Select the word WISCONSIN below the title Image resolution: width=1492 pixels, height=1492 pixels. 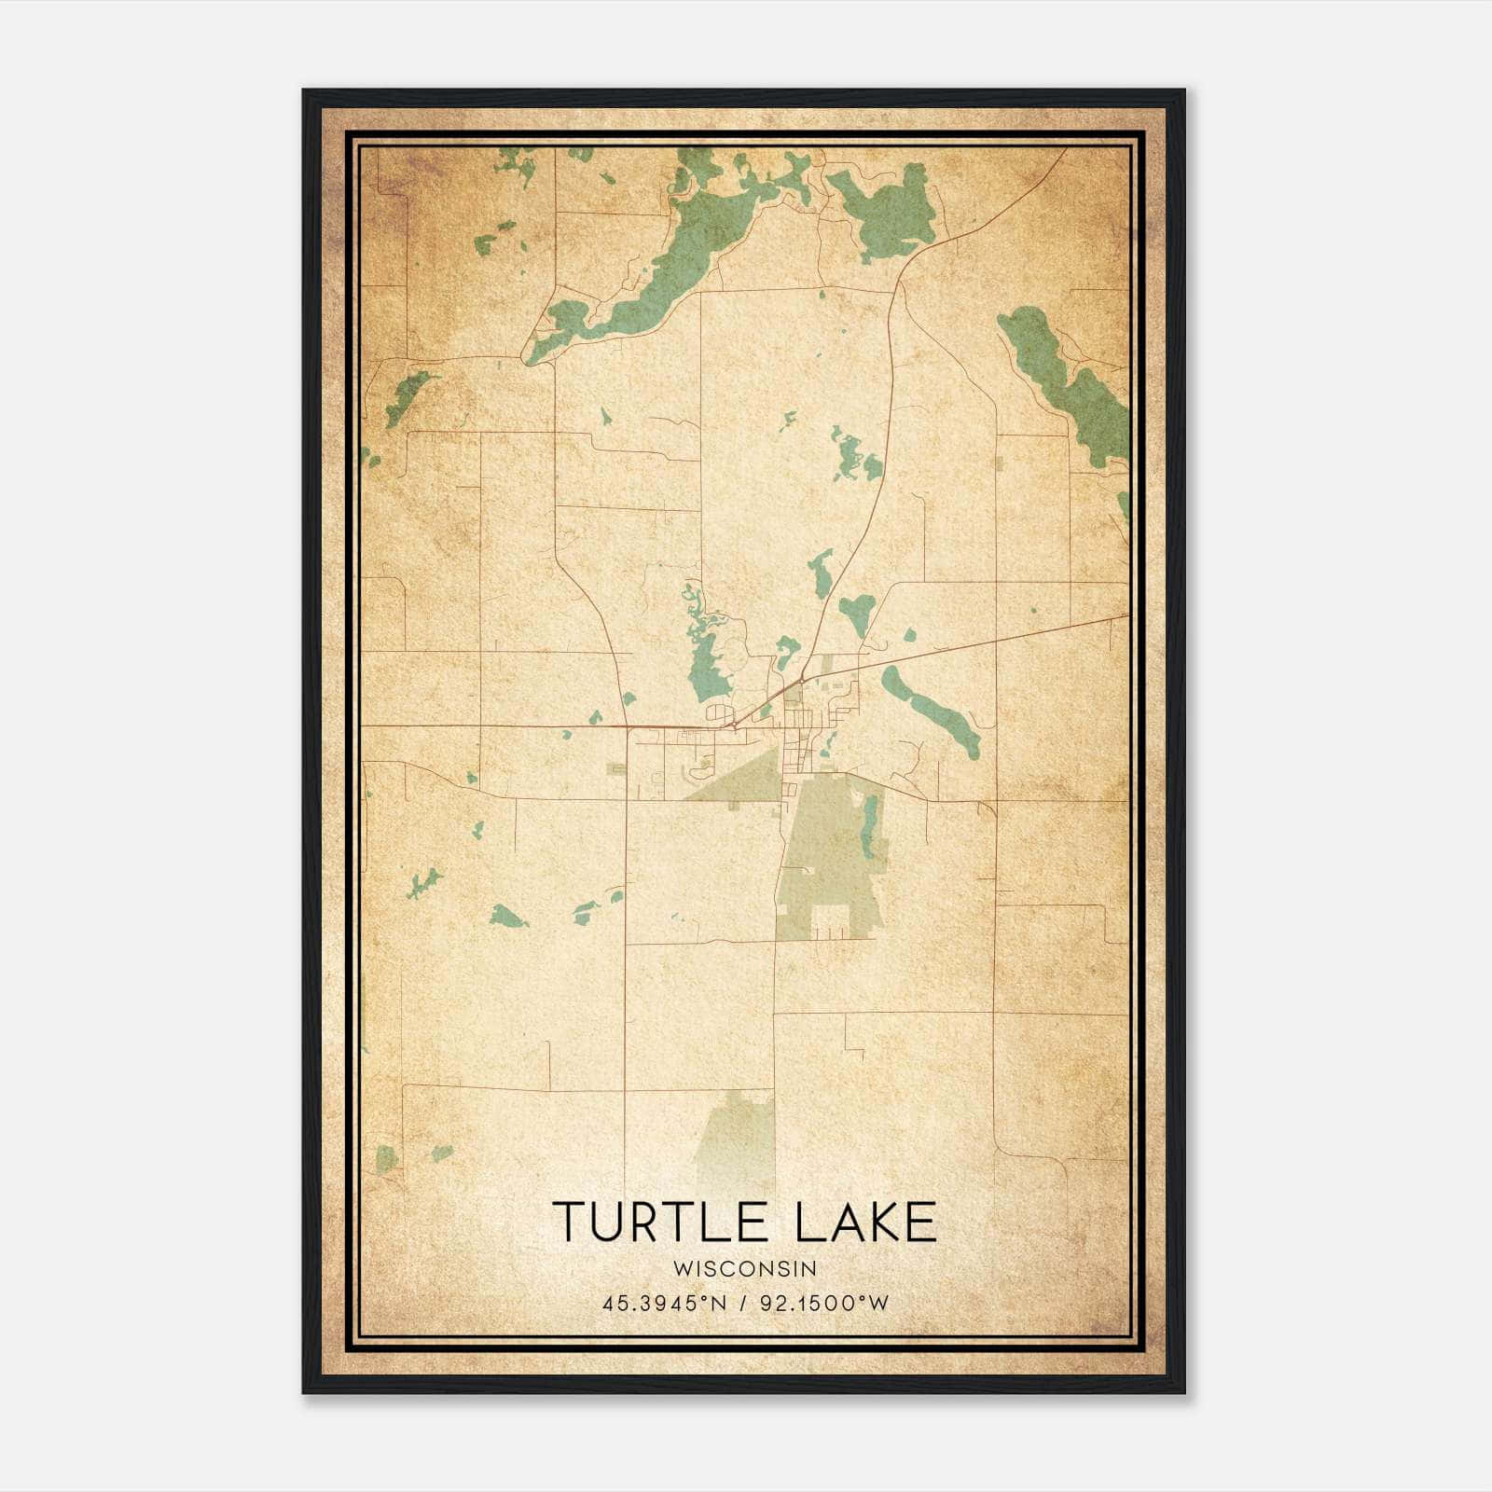(745, 1268)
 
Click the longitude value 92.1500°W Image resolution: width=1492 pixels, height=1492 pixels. (824, 1304)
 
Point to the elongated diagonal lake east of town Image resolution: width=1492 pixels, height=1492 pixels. (932, 713)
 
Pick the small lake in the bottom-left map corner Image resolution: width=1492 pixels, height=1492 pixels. (386, 1159)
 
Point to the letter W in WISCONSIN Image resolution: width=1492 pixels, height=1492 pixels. (681, 1268)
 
